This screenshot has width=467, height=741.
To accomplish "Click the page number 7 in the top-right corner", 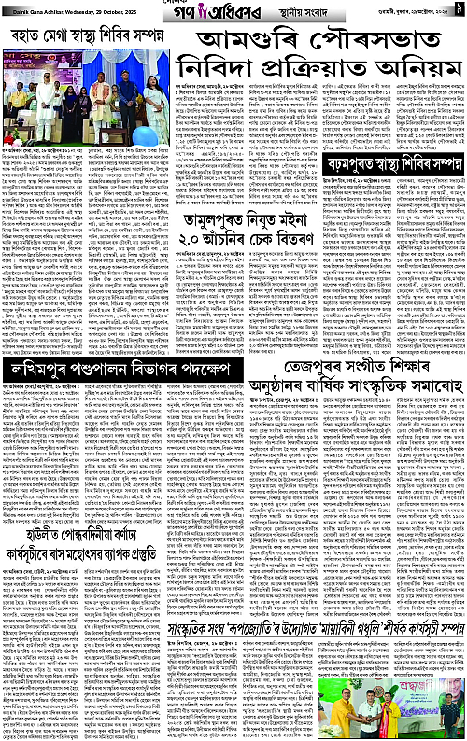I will [460, 9].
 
